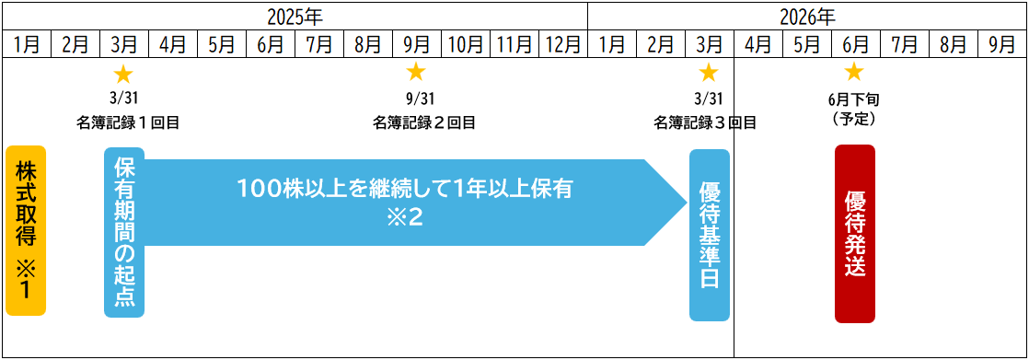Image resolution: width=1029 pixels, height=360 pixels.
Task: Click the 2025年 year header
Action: [295, 16]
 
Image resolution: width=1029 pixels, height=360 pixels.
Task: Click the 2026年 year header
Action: [806, 16]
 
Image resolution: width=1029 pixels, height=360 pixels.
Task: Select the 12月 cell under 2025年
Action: [562, 43]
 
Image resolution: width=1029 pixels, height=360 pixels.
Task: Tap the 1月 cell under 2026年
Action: [611, 43]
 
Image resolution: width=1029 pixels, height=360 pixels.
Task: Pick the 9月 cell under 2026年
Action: [1001, 43]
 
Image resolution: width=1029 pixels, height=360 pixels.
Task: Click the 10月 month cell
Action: [465, 43]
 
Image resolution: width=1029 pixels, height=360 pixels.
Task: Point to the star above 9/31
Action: [416, 72]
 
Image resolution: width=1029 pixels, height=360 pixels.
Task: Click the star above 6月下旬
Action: [854, 72]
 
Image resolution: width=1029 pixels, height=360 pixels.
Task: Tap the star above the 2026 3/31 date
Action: [709, 72]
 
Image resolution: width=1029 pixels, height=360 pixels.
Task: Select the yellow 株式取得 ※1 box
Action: [26, 230]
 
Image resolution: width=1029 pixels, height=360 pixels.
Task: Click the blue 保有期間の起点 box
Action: [124, 232]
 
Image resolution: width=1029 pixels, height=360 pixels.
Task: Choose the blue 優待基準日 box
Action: [709, 235]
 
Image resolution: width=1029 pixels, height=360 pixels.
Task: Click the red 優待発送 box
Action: [854, 234]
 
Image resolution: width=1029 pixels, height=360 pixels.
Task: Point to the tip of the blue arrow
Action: [686, 203]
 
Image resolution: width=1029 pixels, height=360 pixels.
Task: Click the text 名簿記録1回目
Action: [128, 122]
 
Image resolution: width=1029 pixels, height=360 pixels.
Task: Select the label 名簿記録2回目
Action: [424, 122]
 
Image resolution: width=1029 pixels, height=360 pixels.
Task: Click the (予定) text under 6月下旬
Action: [853, 118]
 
